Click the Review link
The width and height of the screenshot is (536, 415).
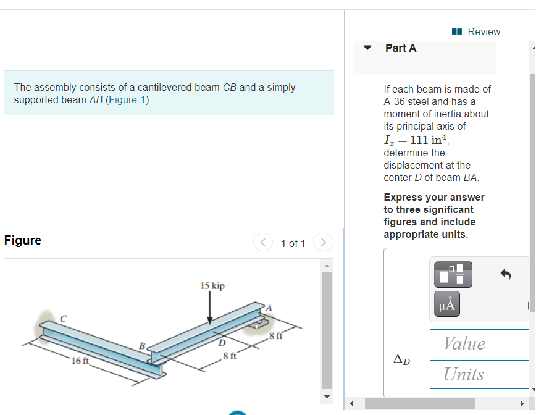click(x=483, y=31)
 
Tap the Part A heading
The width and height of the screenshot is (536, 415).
click(x=401, y=48)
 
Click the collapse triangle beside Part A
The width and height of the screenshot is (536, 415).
click(x=368, y=48)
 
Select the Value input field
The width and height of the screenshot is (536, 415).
click(x=479, y=343)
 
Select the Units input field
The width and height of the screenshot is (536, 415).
click(x=479, y=374)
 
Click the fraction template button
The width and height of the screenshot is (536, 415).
click(x=453, y=274)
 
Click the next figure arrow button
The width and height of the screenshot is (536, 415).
click(x=323, y=243)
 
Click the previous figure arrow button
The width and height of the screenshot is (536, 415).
click(x=262, y=243)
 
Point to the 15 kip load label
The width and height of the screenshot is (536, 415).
click(x=212, y=286)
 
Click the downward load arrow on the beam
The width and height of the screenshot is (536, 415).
click(x=210, y=308)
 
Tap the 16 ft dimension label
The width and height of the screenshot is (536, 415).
click(x=80, y=361)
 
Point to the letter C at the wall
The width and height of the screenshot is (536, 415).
click(x=63, y=318)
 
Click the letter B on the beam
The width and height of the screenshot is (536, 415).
click(x=142, y=345)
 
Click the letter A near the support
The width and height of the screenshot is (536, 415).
click(x=268, y=308)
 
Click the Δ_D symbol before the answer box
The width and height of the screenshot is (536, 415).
click(x=403, y=359)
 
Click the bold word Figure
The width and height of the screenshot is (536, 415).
click(x=23, y=240)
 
